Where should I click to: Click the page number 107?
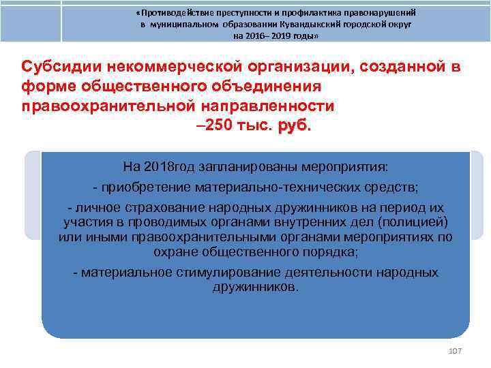pyautogui.click(x=456, y=350)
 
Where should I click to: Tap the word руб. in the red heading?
pyautogui.click(x=294, y=126)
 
